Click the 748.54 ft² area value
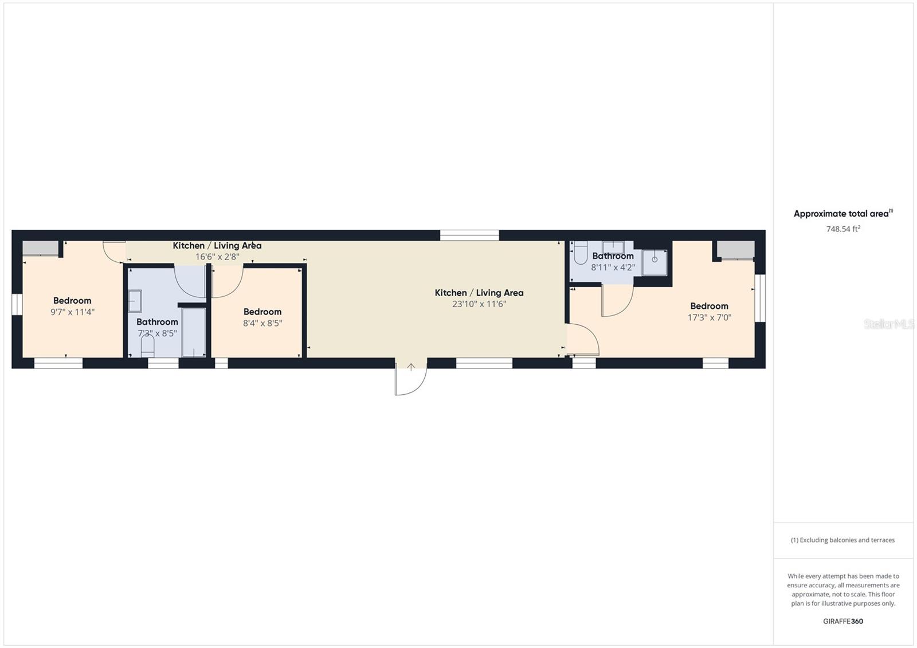pos(842,229)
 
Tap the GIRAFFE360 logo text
pos(842,621)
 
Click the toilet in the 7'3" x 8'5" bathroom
pos(147,346)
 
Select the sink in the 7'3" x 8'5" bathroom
pos(135,301)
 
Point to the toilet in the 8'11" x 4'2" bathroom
pos(580,253)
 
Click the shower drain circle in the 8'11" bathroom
pos(655,260)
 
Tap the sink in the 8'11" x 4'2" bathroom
pos(613,247)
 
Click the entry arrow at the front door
pos(411,368)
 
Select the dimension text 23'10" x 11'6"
pos(479,304)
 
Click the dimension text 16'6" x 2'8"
pos(217,257)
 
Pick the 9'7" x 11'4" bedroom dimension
pos(72,312)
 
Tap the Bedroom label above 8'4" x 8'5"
pos(262,312)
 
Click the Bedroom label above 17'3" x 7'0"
pos(709,306)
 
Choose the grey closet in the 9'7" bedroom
pos(40,248)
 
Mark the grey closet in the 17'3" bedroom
pos(736,250)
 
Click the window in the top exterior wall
pos(469,235)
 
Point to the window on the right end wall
pos(760,298)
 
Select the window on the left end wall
pos(17,304)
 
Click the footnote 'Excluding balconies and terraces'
pos(842,540)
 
